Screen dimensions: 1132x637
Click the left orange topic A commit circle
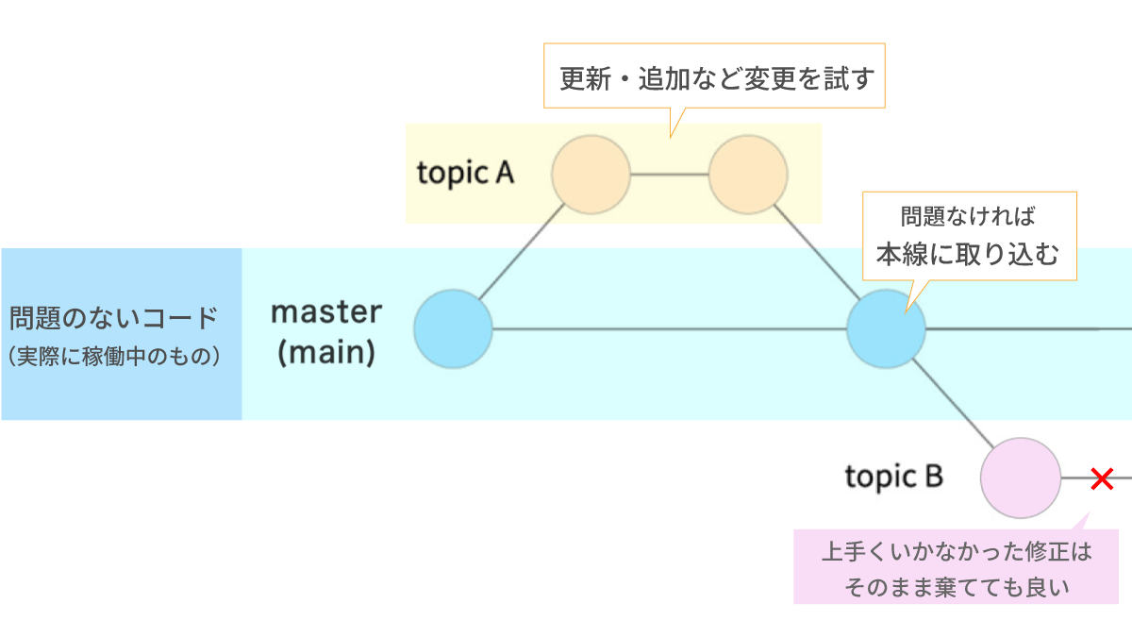click(x=591, y=175)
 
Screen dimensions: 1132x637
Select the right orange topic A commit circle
click(x=748, y=175)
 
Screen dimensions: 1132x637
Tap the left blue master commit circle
click(x=453, y=329)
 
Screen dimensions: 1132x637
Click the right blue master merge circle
click(x=886, y=329)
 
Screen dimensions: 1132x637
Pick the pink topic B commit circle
click(x=1021, y=478)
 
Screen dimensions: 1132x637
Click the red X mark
click(x=1102, y=478)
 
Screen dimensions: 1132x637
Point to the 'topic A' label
click(x=465, y=174)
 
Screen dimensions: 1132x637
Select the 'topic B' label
click(x=894, y=477)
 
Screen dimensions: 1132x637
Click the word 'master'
click(x=326, y=312)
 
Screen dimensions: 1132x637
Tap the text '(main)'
click(x=326, y=352)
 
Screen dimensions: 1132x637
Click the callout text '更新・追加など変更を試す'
click(x=717, y=79)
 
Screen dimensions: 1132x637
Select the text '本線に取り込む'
click(x=967, y=254)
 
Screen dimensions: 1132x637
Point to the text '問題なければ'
click(x=968, y=216)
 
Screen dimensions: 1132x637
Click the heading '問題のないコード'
click(x=114, y=318)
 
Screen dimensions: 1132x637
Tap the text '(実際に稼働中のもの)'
click(x=114, y=356)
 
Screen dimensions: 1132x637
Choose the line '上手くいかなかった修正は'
click(x=957, y=551)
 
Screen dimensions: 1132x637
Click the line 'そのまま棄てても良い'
click(x=957, y=587)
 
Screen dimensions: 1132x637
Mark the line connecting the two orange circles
click(x=670, y=175)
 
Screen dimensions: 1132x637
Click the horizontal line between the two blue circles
click(x=670, y=329)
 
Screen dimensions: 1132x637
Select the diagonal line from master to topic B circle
click(x=954, y=404)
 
